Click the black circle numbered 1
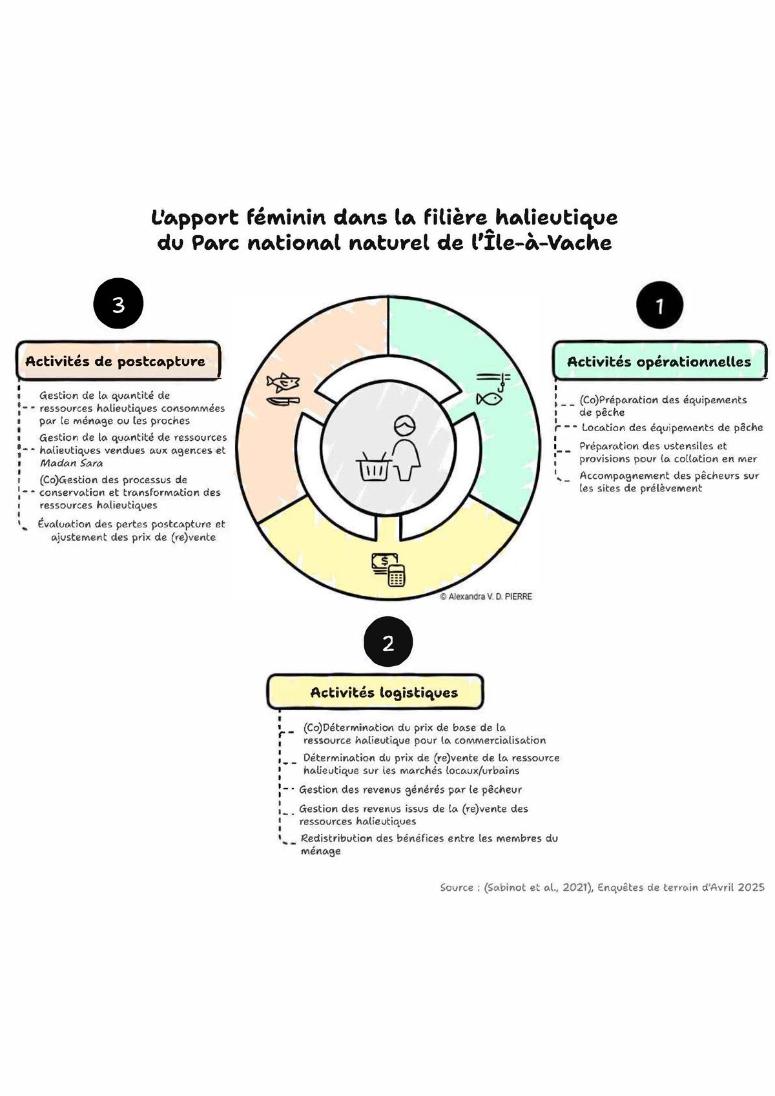pos(659,305)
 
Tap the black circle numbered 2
pos(387,643)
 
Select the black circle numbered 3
pos(118,304)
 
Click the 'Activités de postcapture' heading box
pos(118,361)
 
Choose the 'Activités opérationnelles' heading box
pos(659,361)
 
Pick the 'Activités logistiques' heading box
pos(376,693)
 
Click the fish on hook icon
pos(492,389)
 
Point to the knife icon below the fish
pos(282,401)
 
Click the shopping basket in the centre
pos(373,466)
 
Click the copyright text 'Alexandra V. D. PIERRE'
pos(486,597)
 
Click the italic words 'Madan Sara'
pos(71,463)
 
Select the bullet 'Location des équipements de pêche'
pos(672,427)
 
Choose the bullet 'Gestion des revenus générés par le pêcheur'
pos(410,789)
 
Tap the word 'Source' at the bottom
pos(457,888)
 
